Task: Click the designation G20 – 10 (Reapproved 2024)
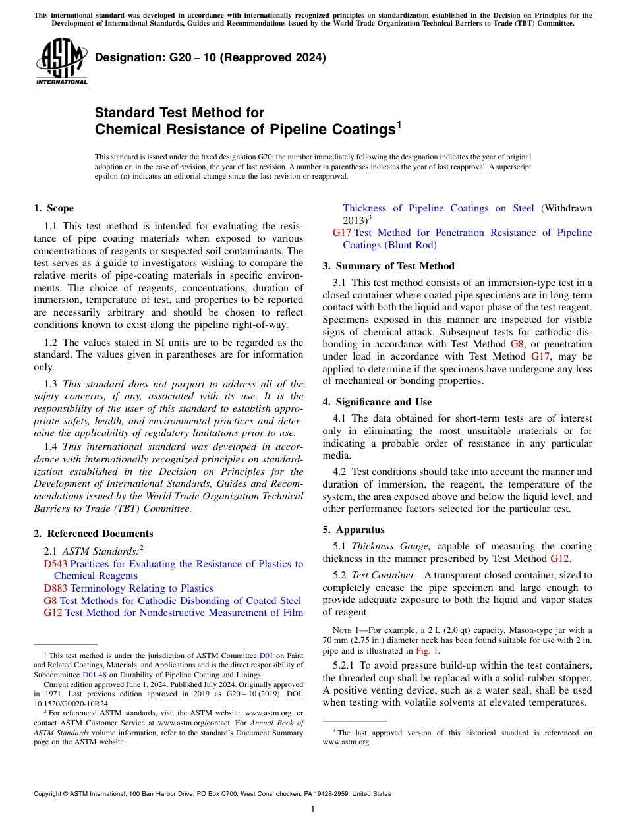(210, 57)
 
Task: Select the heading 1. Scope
(53, 208)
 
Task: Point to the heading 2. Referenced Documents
(93, 534)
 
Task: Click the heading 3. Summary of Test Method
(388, 266)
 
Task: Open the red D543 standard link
(55, 564)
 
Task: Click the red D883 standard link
(55, 588)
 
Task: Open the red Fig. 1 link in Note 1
(422, 650)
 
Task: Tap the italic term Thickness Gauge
(391, 546)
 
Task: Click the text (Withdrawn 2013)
(566, 208)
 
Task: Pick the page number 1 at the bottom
(313, 809)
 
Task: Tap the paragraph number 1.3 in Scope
(50, 384)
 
